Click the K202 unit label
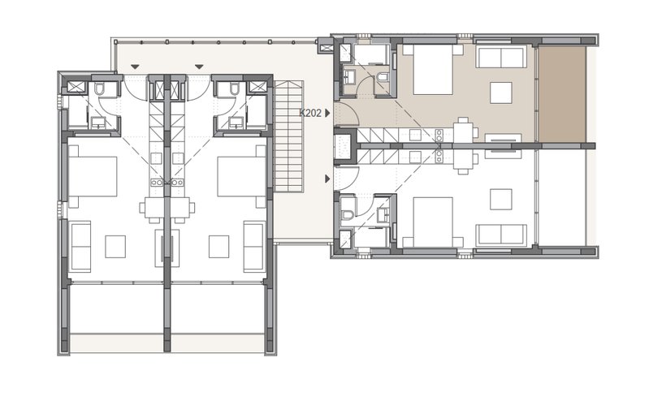click(310, 113)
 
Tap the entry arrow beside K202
click(328, 113)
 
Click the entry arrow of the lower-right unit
click(328, 179)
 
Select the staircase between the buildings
click(289, 136)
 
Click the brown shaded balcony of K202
click(561, 94)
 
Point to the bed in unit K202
click(433, 70)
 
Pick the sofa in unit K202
click(501, 57)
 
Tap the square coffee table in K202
click(501, 93)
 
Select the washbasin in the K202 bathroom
click(349, 76)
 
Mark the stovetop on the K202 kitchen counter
click(439, 134)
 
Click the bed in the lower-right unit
click(433, 222)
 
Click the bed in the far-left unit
click(93, 176)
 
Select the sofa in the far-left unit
click(81, 247)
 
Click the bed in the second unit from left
click(242, 176)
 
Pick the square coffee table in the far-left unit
click(115, 247)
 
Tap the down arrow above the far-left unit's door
click(135, 67)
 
